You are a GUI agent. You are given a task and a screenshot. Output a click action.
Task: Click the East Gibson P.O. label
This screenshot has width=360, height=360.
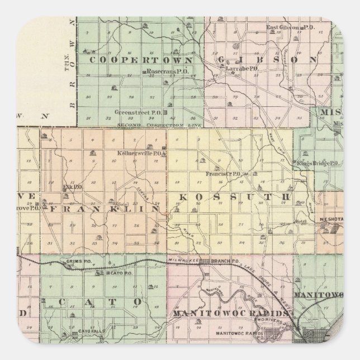(285, 27)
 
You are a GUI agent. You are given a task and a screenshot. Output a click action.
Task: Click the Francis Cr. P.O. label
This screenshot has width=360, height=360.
(222, 174)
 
